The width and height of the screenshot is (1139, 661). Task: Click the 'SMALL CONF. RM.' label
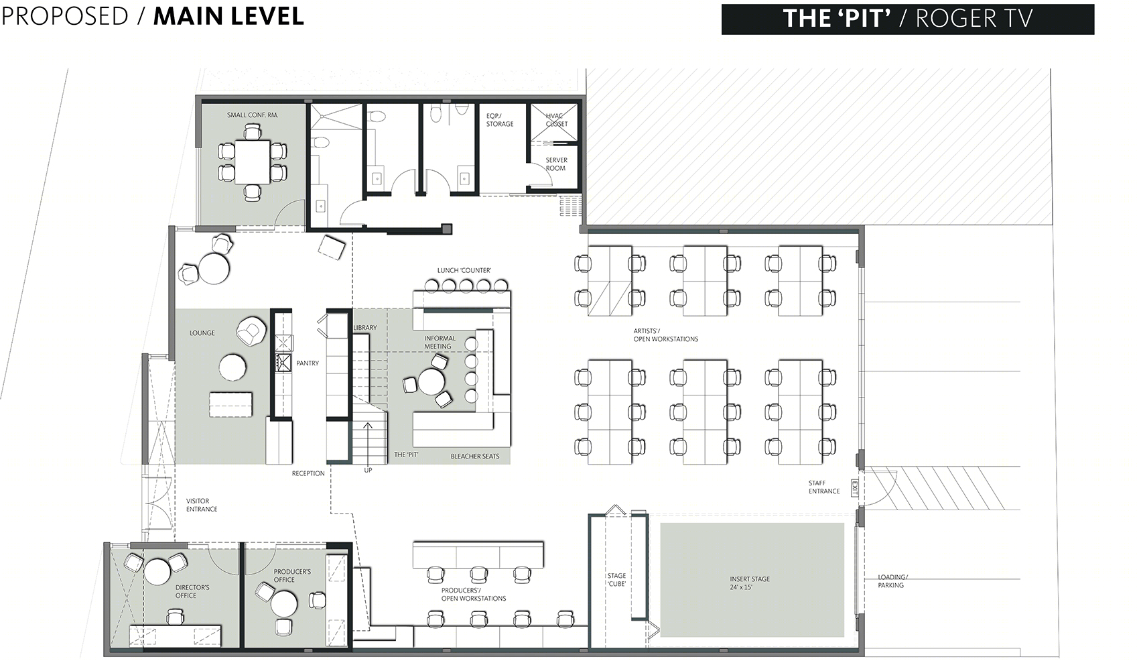coord(252,115)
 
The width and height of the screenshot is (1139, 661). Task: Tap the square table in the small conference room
coord(252,162)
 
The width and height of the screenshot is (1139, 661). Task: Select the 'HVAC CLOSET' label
coord(556,119)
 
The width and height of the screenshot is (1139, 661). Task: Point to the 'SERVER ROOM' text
coord(556,164)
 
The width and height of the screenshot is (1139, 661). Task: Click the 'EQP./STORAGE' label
coord(499,119)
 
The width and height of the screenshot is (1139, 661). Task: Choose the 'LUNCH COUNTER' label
coord(464,270)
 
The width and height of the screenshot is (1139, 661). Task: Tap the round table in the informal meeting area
coord(431,381)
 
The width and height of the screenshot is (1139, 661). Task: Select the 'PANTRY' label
coord(308,363)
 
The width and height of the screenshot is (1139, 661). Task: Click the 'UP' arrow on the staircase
coord(368,442)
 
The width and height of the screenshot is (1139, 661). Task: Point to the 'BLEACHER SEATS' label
coord(474,457)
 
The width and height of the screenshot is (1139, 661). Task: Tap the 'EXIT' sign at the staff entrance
coord(855,488)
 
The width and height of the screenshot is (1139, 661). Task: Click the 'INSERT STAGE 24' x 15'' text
coord(750,583)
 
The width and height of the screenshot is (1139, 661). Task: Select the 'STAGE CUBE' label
coord(616,580)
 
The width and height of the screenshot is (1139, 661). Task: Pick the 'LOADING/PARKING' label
coord(892,581)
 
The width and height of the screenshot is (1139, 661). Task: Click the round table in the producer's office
coord(283,603)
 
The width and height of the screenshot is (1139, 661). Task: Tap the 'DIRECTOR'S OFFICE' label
coord(192,591)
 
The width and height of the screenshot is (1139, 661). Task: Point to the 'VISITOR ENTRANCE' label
coord(202,505)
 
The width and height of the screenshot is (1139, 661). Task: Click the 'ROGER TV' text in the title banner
coord(974,19)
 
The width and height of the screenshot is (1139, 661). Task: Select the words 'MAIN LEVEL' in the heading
coord(229,16)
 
